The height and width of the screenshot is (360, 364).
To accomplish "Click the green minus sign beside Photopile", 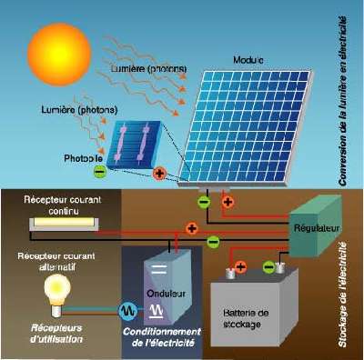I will coord(100,169).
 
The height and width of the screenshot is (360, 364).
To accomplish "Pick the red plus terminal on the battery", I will coord(241,267).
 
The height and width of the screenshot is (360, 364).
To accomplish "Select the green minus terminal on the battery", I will coord(269,267).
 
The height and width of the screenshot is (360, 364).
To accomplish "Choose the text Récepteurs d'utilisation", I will coord(55,332).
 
